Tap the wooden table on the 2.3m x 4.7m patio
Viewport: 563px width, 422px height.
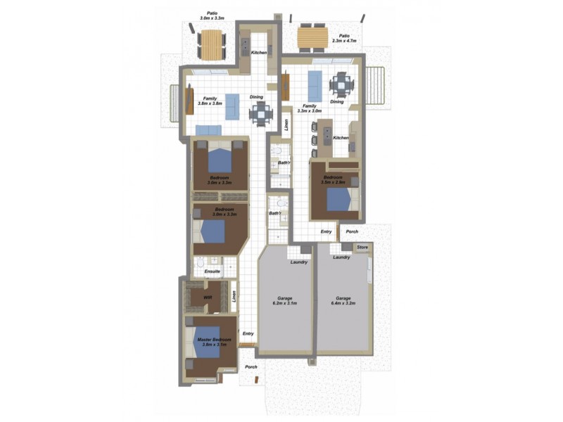tap(312, 38)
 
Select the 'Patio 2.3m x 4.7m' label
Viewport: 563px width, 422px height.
tap(344, 39)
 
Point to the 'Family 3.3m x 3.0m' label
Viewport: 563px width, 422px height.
tap(308, 108)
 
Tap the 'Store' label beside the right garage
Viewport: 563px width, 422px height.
tap(362, 247)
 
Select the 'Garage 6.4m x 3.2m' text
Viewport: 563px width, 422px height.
tap(343, 301)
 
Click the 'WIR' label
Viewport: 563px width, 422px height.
tap(208, 298)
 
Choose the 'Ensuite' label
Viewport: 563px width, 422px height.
tap(212, 271)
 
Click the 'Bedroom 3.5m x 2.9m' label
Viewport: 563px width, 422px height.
tap(333, 179)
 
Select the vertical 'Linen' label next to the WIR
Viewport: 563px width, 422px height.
tap(233, 296)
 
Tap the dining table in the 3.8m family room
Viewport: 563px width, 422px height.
tap(260, 113)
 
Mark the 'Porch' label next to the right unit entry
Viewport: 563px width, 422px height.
tap(352, 231)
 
